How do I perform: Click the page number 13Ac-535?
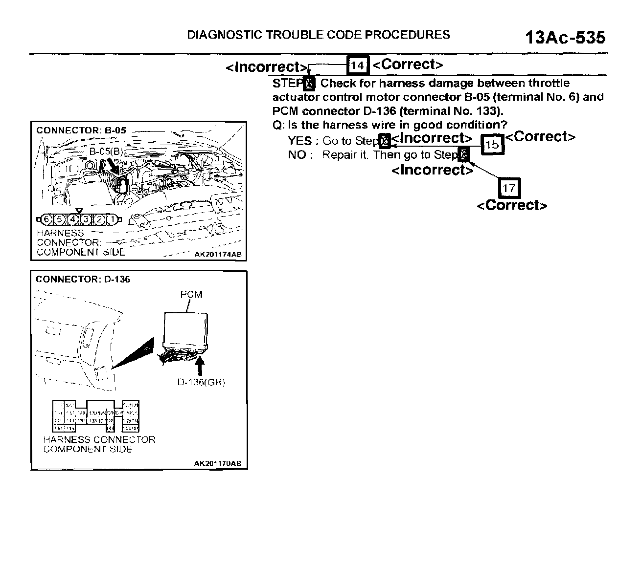click(x=565, y=38)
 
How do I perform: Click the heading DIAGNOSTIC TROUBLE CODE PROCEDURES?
click(x=319, y=35)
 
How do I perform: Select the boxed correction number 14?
click(x=357, y=65)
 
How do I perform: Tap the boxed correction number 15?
click(x=492, y=144)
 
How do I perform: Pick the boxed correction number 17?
click(x=509, y=188)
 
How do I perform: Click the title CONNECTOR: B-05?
click(x=81, y=130)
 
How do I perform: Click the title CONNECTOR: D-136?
click(x=83, y=280)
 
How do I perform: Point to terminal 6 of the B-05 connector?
click(x=47, y=220)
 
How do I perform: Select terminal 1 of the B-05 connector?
click(x=112, y=220)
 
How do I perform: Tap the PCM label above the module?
click(x=191, y=294)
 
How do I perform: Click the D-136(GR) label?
click(x=201, y=382)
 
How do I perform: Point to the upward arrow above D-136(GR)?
click(x=200, y=366)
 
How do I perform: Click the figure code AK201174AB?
click(x=217, y=255)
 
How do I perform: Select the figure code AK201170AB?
click(x=217, y=464)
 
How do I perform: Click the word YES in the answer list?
click(x=299, y=141)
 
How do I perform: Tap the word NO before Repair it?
click(x=297, y=155)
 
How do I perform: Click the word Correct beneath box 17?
click(x=511, y=205)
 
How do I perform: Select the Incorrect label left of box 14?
click(x=267, y=67)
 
